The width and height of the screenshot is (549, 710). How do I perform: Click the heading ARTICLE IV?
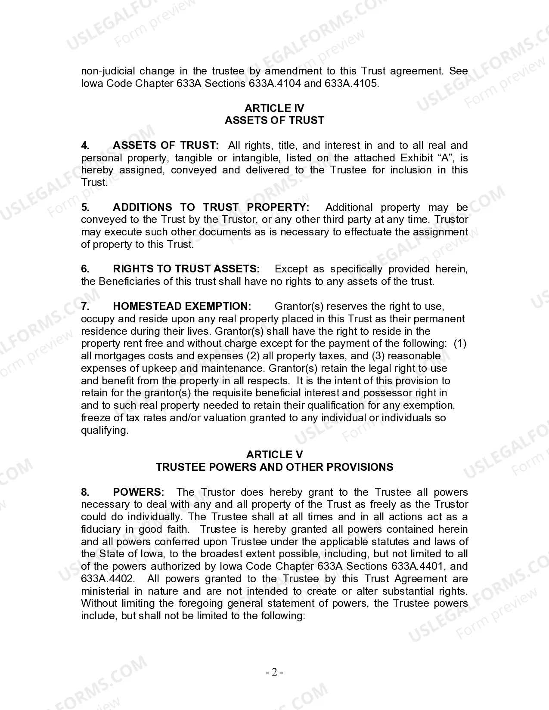tap(274, 108)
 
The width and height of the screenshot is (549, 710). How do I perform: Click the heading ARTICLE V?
tap(274, 455)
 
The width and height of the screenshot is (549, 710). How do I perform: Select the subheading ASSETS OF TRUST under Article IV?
tap(274, 120)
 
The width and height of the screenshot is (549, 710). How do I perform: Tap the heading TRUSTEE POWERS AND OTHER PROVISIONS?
tap(274, 467)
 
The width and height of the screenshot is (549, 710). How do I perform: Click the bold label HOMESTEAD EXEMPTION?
tap(182, 306)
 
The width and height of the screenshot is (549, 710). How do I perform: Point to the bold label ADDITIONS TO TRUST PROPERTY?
tap(211, 207)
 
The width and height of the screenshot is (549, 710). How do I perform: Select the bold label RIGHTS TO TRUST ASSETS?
tap(186, 269)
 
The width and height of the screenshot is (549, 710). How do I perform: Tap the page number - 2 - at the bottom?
tap(274, 672)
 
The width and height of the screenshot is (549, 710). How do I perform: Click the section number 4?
tap(85, 145)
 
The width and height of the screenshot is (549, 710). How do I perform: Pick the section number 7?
tap(85, 306)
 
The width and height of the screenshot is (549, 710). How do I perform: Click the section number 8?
tap(85, 492)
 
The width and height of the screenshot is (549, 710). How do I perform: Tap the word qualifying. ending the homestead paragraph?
tap(105, 430)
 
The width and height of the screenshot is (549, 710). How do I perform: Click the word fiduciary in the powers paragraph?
tap(101, 529)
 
